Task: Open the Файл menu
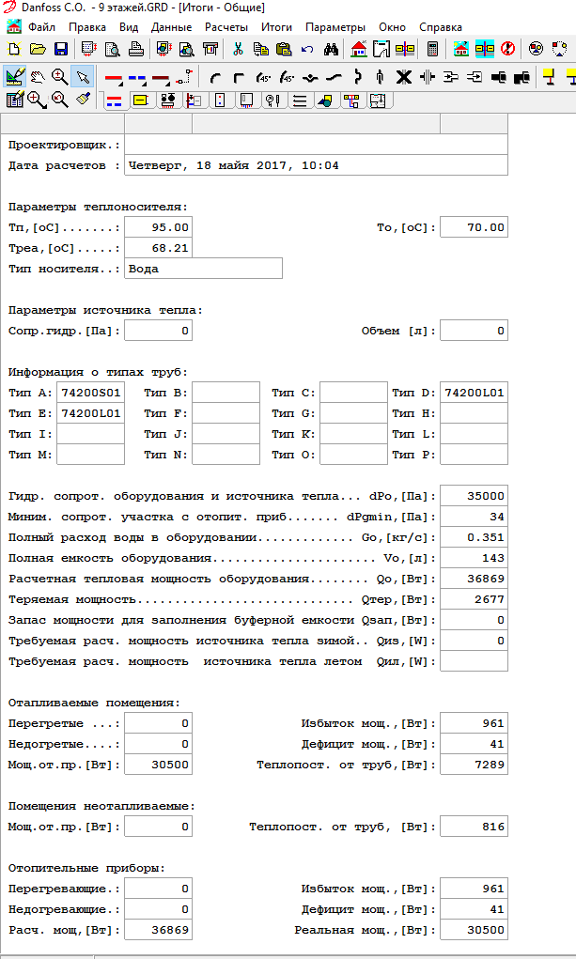[41, 27]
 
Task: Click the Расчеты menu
[226, 27]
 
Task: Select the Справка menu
[440, 27]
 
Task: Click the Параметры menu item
[335, 27]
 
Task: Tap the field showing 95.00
[158, 227]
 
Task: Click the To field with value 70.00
[474, 227]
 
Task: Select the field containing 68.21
[158, 248]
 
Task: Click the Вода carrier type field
[203, 269]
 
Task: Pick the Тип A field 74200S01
[90, 393]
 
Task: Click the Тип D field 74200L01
[474, 393]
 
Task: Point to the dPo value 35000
[474, 496]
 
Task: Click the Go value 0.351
[474, 537]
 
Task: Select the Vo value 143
[474, 558]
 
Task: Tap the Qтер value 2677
[474, 599]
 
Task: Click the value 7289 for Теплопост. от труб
[474, 765]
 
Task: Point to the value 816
[474, 827]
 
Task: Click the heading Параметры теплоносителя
[98, 207]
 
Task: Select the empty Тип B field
[226, 393]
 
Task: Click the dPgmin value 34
[474, 517]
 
